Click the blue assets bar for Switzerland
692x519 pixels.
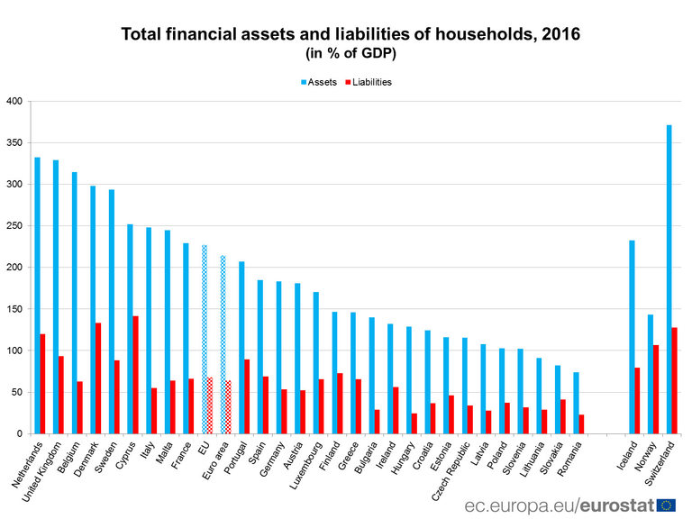[x=669, y=279]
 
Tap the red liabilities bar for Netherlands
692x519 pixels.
[x=42, y=384]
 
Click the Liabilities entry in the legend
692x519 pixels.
[x=367, y=82]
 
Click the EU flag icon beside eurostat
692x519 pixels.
[x=667, y=505]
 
